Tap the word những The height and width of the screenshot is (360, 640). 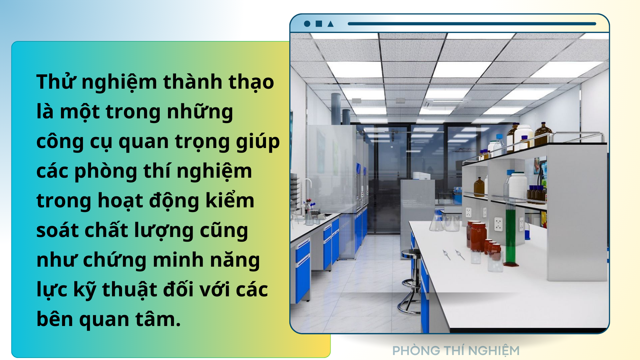coord(200,112)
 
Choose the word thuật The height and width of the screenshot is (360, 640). coord(130,290)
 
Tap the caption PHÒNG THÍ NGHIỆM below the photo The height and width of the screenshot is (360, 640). coord(456,350)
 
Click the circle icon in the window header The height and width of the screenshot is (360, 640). coord(307,24)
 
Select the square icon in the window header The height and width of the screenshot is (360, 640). coord(319,24)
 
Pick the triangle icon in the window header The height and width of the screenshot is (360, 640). coord(330,24)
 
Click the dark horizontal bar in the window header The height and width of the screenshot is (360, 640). coord(472,24)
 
